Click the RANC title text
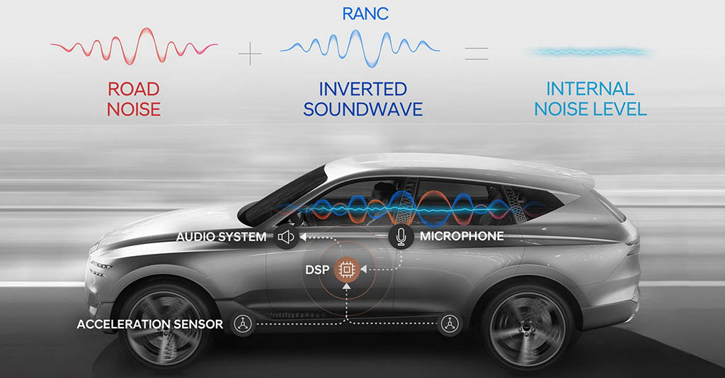(x=365, y=13)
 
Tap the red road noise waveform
(x=134, y=45)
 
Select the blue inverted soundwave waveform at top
(x=360, y=48)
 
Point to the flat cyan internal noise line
(x=589, y=52)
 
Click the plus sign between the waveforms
(x=250, y=54)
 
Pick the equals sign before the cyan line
(x=476, y=53)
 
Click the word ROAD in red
(x=134, y=89)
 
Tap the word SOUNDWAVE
(x=363, y=109)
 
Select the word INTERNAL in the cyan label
(x=590, y=89)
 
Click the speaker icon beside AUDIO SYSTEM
(x=286, y=237)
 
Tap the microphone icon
(x=401, y=237)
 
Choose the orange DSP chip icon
(x=347, y=269)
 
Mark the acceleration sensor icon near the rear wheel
(x=450, y=323)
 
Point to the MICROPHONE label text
(x=462, y=236)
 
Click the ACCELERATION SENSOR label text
(x=150, y=324)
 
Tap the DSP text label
(x=317, y=269)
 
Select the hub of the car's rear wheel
(x=527, y=327)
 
